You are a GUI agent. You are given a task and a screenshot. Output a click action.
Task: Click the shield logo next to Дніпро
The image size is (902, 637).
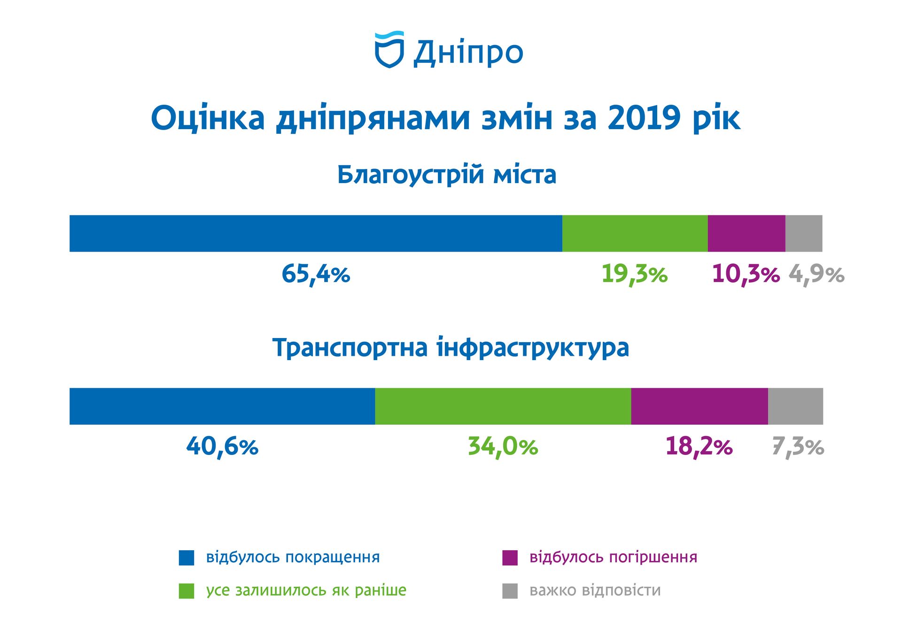point(389,50)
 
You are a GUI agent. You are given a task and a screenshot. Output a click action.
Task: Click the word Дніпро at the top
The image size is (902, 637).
point(468,53)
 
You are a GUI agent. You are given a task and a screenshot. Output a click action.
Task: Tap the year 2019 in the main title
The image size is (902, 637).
point(643,118)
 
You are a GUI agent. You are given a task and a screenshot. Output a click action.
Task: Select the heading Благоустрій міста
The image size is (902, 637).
point(447,175)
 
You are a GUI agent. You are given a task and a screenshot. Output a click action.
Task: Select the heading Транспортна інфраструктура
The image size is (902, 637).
point(451,348)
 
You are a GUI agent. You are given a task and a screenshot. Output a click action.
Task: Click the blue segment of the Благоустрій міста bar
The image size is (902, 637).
point(316,233)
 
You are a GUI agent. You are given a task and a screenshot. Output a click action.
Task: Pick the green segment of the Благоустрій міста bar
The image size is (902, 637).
point(635,233)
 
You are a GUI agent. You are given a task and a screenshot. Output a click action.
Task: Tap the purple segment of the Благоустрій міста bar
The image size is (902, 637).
point(746,233)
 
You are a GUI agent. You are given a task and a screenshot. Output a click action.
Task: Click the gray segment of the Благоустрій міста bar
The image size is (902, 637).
point(804,233)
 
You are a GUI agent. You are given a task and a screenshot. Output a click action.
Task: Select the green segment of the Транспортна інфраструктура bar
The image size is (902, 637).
point(503,406)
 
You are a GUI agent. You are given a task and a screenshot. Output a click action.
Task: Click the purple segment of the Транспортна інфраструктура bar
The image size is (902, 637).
point(699,406)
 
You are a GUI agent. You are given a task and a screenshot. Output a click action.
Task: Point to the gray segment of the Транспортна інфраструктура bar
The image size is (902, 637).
point(795,406)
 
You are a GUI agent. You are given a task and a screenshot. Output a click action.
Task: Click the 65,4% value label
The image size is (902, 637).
point(316,274)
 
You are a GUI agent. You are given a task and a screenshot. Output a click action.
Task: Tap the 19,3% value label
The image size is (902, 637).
point(634,274)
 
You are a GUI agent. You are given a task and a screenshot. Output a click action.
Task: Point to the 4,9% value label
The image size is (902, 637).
point(816,274)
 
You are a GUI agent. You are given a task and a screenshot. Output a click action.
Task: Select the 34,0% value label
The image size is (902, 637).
point(503,446)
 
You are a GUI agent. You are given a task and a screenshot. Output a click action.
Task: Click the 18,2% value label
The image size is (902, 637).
point(699,446)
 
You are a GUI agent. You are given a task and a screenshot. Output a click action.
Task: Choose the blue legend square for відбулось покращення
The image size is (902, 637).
point(187,558)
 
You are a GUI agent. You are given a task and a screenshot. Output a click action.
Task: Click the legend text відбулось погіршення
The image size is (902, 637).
point(613,557)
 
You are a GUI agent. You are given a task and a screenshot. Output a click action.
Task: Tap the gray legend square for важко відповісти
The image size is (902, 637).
point(510,591)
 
